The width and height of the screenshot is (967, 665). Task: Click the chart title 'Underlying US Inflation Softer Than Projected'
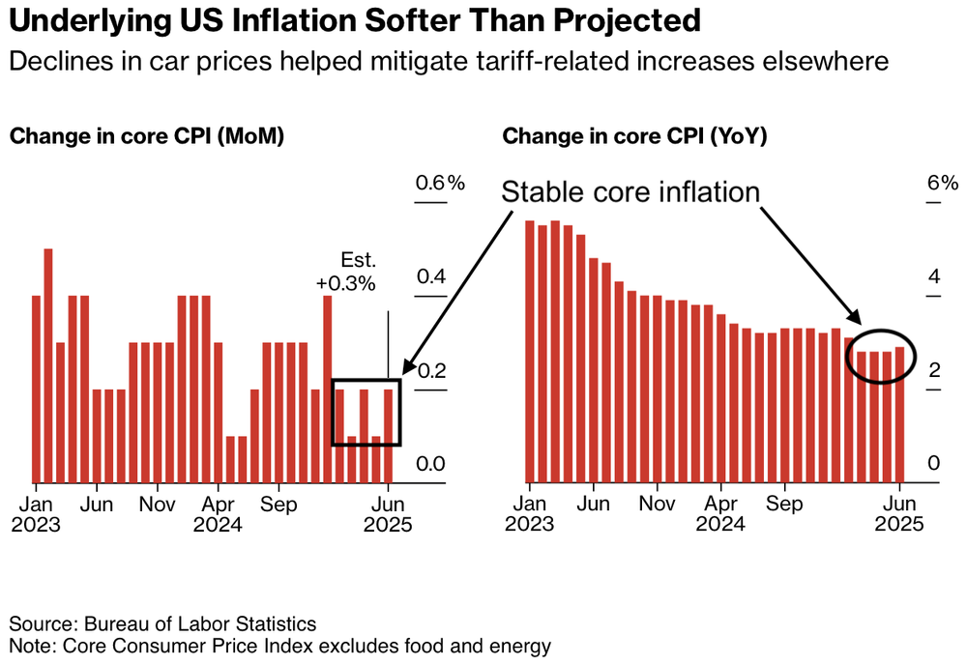click(355, 22)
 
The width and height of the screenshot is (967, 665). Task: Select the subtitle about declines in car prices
click(448, 62)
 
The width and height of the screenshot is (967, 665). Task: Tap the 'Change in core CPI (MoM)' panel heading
click(146, 136)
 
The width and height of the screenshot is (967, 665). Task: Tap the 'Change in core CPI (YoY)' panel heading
click(634, 136)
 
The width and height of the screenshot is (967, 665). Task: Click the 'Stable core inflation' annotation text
click(630, 191)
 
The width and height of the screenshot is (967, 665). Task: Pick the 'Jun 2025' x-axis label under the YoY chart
click(900, 515)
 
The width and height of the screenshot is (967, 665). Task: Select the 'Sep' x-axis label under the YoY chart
click(784, 505)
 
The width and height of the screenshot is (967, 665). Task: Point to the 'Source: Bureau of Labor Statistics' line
click(162, 623)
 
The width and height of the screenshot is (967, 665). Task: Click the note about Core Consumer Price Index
click(280, 645)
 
